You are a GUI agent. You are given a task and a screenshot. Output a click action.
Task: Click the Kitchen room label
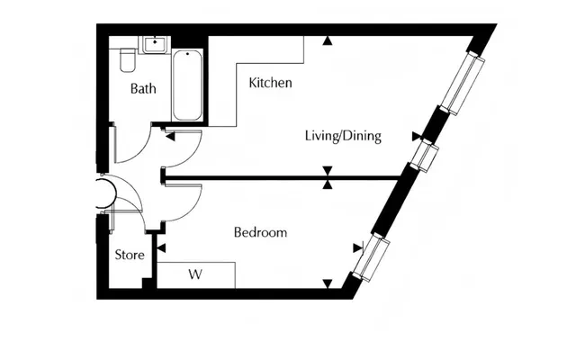pyautogui.click(x=270, y=83)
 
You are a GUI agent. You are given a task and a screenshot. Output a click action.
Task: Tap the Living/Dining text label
pyautogui.click(x=343, y=136)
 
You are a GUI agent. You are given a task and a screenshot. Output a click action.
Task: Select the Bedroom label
pyautogui.click(x=260, y=232)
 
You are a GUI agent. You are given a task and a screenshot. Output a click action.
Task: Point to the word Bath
pyautogui.click(x=143, y=88)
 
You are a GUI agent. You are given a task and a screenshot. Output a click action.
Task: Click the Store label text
pyautogui.click(x=130, y=255)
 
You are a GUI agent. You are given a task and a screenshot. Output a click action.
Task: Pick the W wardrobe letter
pyautogui.click(x=195, y=274)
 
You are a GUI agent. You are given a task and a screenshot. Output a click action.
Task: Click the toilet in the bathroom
pyautogui.click(x=128, y=59)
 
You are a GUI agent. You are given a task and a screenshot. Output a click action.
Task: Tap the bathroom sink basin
pyautogui.click(x=155, y=44)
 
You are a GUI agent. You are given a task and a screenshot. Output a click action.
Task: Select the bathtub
pyautogui.click(x=187, y=85)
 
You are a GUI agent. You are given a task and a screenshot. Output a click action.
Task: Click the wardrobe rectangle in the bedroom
pyautogui.click(x=196, y=275)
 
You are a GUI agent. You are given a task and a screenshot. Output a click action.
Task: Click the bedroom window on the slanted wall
pyautogui.click(x=371, y=258)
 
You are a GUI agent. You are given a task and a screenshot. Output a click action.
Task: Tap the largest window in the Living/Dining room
pyautogui.click(x=463, y=84)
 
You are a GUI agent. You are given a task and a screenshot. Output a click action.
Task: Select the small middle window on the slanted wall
pyautogui.click(x=425, y=155)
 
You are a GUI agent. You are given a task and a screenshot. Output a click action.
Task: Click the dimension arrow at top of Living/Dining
pyautogui.click(x=328, y=40)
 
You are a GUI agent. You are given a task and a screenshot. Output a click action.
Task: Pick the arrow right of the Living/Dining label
pyautogui.click(x=417, y=136)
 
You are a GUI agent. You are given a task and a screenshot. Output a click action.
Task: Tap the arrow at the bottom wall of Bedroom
pyautogui.click(x=328, y=284)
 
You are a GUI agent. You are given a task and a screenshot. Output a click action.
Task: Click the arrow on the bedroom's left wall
pyautogui.click(x=161, y=248)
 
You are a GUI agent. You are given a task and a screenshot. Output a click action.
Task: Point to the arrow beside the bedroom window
pyautogui.click(x=358, y=248)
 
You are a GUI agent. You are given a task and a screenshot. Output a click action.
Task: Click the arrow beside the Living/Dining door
pyautogui.click(x=170, y=137)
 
